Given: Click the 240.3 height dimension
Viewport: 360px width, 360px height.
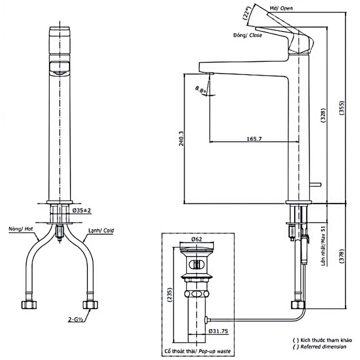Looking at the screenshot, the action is [x=181, y=139].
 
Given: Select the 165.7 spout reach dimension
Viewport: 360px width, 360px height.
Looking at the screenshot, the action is [x=254, y=139].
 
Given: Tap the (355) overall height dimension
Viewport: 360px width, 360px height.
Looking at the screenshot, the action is [x=342, y=108].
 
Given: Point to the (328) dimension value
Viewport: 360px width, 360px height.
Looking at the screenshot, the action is [x=323, y=116].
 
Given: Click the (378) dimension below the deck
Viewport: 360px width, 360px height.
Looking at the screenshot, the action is [x=342, y=256].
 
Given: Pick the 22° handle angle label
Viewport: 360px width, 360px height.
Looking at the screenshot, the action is [x=246, y=13].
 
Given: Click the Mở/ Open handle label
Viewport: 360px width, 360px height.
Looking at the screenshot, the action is [x=281, y=8].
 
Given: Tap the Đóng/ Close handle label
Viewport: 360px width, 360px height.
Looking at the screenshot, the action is [x=248, y=35].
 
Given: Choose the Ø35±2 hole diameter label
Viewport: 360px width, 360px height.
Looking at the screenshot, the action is [x=82, y=210].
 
